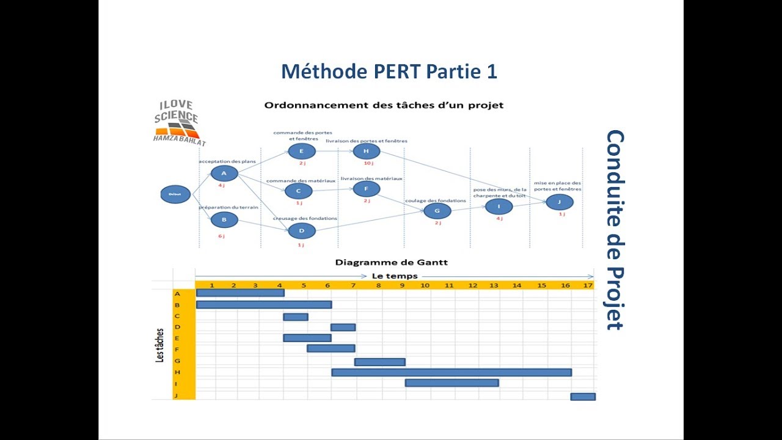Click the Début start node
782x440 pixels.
pos(175,194)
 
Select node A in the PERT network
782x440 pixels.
pos(224,173)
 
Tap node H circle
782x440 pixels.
pos(366,152)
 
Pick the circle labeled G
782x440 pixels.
pos(437,211)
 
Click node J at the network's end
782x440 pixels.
pos(560,202)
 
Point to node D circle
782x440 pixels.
pos(301,231)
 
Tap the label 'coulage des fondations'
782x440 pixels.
pos(435,200)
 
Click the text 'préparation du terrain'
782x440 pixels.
pos(228,208)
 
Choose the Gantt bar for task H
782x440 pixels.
pos(451,372)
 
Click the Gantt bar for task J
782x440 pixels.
pos(583,397)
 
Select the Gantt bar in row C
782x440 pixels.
pos(296,317)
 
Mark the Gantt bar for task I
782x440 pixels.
pos(451,383)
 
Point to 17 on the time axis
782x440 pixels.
pos(588,285)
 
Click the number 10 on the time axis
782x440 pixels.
pos(425,285)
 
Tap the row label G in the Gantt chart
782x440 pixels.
pos(177,361)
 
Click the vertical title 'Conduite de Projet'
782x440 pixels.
pos(614,230)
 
